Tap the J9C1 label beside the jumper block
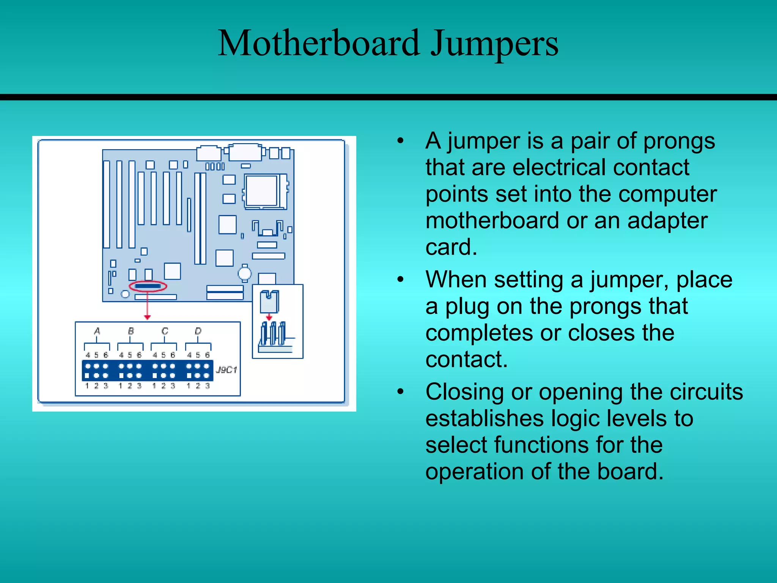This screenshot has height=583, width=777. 226,370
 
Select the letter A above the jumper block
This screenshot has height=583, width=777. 97,331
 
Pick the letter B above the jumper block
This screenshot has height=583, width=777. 131,331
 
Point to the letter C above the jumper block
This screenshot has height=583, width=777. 165,331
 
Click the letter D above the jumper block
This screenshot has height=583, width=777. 198,331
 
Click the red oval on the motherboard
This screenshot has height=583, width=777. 148,286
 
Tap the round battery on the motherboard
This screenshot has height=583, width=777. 245,273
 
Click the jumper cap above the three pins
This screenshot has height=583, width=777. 269,301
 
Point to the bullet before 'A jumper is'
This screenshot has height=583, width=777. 400,141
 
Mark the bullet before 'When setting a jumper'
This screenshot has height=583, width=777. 400,280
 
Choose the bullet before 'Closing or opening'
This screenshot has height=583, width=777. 400,392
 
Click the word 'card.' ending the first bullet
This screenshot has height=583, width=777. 451,247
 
